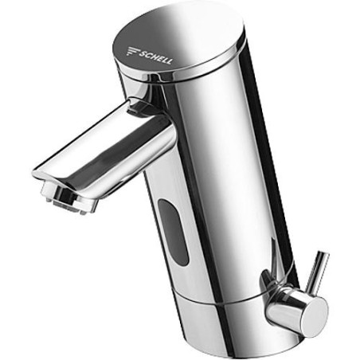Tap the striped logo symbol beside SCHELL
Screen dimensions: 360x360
(x=132, y=51)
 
